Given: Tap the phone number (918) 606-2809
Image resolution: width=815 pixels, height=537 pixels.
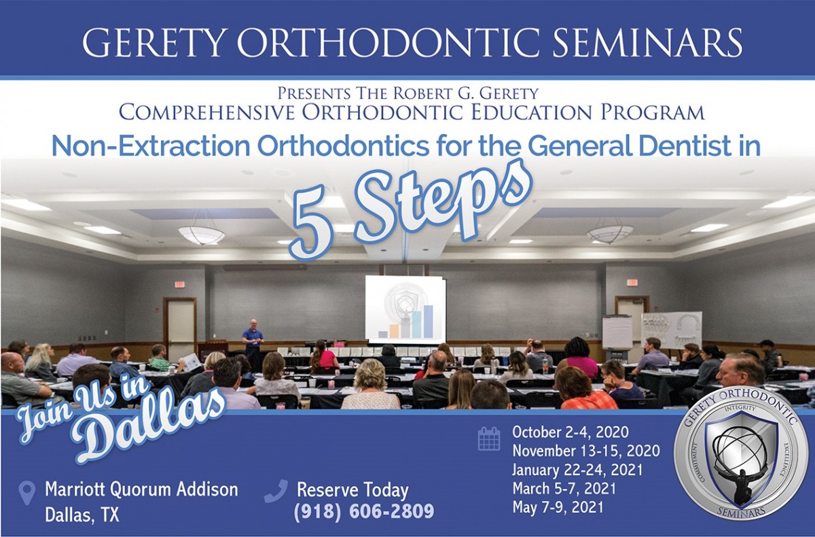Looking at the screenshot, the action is (364, 511).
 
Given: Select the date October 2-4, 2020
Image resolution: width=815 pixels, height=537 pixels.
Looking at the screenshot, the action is (570, 432).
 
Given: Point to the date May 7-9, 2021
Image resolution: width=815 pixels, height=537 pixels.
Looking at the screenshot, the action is (558, 507).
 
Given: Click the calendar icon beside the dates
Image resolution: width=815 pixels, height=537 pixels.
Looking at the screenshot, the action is (489, 438).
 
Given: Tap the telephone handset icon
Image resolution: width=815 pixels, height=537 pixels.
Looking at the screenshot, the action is (276, 491).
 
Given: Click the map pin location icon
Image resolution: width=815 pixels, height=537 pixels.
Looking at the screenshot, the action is (27, 493).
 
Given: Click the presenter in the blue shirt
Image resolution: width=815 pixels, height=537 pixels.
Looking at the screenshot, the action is (253, 345).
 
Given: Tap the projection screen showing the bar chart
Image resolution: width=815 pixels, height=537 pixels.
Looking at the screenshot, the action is (405, 310).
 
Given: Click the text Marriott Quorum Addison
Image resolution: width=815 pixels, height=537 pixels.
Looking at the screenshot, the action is (141, 489).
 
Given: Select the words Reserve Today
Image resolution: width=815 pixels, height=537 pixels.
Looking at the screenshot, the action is (352, 490).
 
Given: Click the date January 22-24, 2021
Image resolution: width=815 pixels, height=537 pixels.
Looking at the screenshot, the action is (577, 470).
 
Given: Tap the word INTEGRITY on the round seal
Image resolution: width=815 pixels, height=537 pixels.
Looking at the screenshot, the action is (740, 409).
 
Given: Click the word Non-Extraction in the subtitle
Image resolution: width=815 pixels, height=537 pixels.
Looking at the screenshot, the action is (151, 146).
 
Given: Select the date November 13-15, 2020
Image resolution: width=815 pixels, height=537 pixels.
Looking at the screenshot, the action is (586, 451).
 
